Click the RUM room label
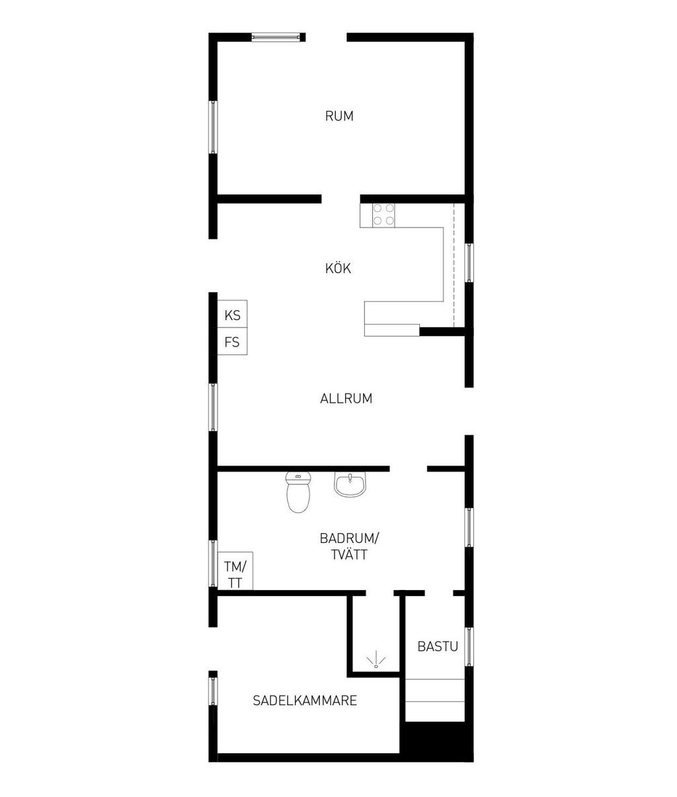click(339, 116)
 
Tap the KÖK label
click(338, 269)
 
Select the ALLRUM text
click(346, 399)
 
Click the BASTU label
click(437, 647)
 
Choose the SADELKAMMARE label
click(305, 700)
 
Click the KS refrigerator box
click(232, 315)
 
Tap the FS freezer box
click(232, 343)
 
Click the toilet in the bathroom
click(298, 493)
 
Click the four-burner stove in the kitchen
click(383, 215)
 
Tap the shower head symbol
click(376, 660)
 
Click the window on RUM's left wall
click(214, 127)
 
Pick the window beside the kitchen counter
click(469, 263)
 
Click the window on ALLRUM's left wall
click(214, 407)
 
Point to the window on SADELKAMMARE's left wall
click(214, 691)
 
